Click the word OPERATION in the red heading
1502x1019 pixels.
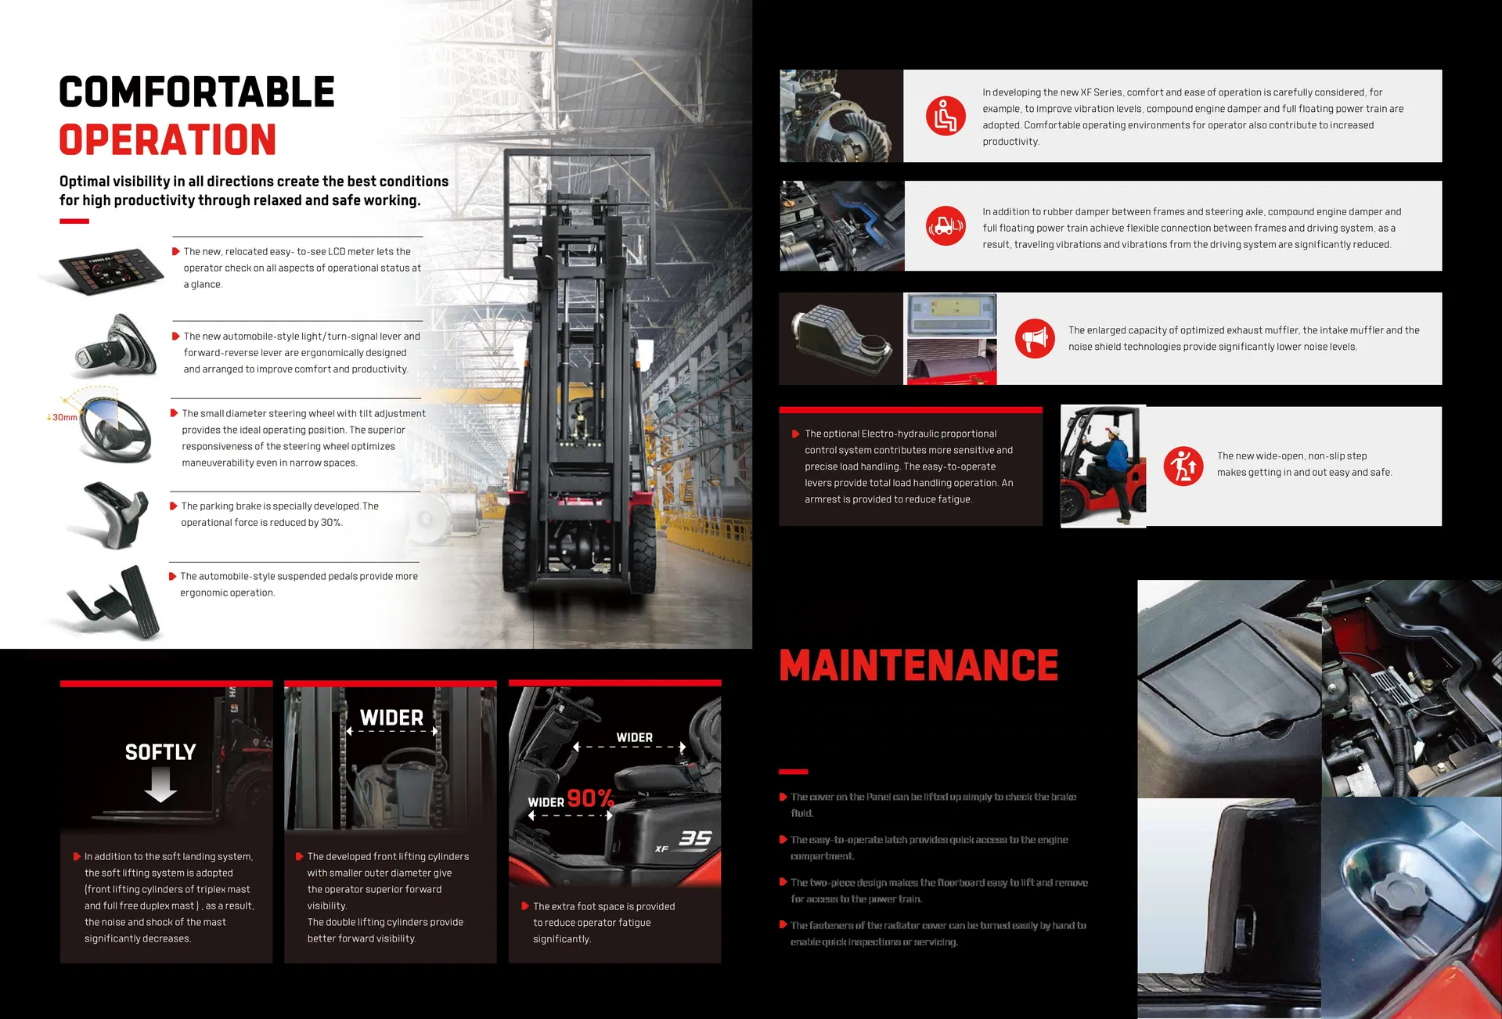(167, 140)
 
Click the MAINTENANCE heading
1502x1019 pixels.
(918, 665)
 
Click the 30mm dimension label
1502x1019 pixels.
(63, 417)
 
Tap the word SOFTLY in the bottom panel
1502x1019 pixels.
(160, 752)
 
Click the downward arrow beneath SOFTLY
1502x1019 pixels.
(160, 784)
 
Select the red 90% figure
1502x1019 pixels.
(590, 798)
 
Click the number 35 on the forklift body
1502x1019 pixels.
(695, 839)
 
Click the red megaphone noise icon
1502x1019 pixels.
(1035, 339)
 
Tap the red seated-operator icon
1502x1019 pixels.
(946, 117)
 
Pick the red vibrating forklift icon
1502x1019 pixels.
(946, 226)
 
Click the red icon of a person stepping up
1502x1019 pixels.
(1183, 466)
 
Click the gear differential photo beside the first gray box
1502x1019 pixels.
(841, 117)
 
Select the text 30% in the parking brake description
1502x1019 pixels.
(330, 523)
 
